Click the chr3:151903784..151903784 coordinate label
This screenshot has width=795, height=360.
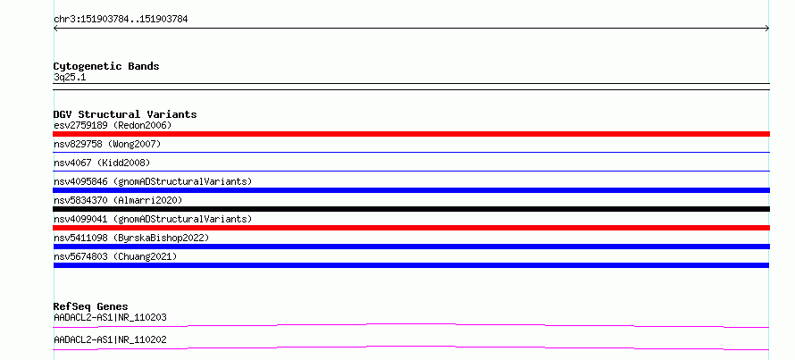(x=121, y=20)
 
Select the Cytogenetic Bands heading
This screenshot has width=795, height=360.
(x=106, y=66)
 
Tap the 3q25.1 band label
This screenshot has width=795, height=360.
(x=70, y=78)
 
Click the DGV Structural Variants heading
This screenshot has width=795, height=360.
(x=125, y=114)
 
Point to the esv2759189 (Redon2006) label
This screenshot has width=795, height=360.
(x=113, y=125)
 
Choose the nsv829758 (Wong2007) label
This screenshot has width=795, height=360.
(x=107, y=144)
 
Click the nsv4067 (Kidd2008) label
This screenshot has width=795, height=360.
(x=102, y=163)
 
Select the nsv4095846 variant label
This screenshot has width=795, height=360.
(x=153, y=181)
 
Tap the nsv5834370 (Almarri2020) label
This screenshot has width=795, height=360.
(x=118, y=200)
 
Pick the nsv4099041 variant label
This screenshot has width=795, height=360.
(x=153, y=219)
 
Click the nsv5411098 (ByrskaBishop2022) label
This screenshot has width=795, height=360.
(x=131, y=238)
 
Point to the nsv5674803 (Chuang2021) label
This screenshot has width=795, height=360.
(x=115, y=256)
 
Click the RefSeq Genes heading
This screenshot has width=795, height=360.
(x=91, y=306)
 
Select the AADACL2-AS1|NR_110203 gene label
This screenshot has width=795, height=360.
(x=110, y=317)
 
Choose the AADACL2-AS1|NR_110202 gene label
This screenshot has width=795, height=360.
(x=110, y=339)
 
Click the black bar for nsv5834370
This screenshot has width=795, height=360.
(x=411, y=209)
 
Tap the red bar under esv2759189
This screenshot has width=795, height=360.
(x=411, y=134)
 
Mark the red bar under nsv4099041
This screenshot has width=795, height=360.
(x=411, y=228)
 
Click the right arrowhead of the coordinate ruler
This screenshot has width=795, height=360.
(x=768, y=29)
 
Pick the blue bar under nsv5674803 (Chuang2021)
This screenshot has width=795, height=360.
(x=411, y=265)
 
